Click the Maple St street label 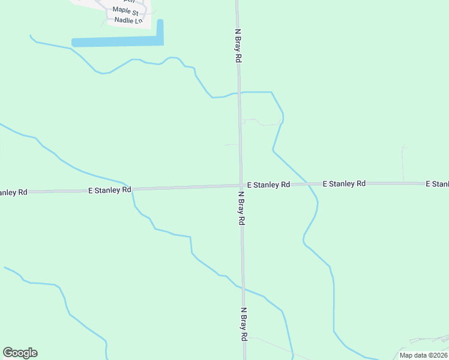click(x=125, y=11)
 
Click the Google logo click(x=20, y=353)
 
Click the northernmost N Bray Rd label click(x=238, y=46)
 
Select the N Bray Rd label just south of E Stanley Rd click(x=241, y=208)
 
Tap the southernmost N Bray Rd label click(x=244, y=325)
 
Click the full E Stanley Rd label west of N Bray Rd click(x=110, y=190)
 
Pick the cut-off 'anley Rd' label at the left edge click(x=13, y=193)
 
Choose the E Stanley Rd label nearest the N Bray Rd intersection click(x=268, y=185)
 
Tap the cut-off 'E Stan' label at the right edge click(x=437, y=183)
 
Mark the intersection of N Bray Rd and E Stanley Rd click(x=241, y=185)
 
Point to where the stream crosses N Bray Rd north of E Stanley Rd click(x=239, y=93)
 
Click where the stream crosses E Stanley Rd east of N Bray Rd click(x=308, y=184)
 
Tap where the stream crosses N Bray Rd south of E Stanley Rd click(x=243, y=289)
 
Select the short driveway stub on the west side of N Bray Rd click(x=232, y=145)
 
